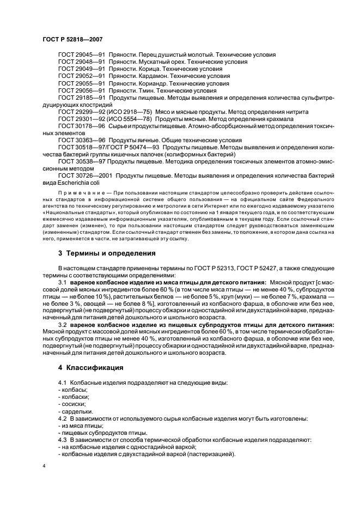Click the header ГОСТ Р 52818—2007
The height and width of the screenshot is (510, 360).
pos(72,39)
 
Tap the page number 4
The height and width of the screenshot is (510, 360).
pos(44,466)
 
